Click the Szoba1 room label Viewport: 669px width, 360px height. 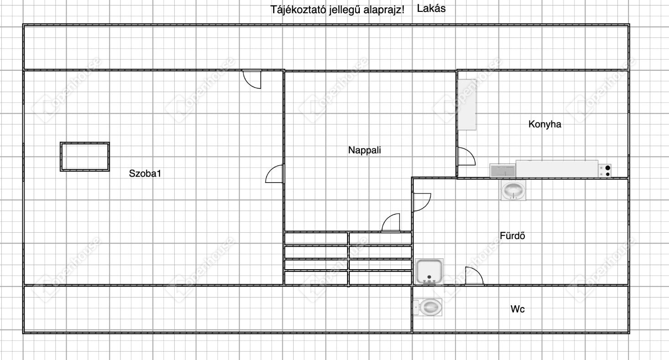[145, 173]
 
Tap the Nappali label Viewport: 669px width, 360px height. [364, 150]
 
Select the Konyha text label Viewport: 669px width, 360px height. [545, 124]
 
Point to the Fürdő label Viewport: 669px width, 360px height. [513, 235]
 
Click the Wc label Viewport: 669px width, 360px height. [518, 309]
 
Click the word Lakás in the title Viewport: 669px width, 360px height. [431, 8]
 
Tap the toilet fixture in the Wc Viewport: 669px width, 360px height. [428, 307]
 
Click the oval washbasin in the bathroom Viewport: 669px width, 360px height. [513, 190]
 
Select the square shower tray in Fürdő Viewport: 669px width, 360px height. [429, 271]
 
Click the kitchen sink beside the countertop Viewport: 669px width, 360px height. [503, 170]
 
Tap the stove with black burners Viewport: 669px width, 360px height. [605, 171]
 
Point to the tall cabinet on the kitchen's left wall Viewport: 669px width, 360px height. [467, 104]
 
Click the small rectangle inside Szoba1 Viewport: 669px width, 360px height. [85, 157]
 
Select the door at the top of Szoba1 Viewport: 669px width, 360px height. [252, 79]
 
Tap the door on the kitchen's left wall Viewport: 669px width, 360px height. [466, 156]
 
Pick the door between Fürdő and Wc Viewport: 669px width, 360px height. [474, 276]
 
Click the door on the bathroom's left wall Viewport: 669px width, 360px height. [422, 202]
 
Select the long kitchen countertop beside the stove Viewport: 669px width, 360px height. [557, 169]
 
